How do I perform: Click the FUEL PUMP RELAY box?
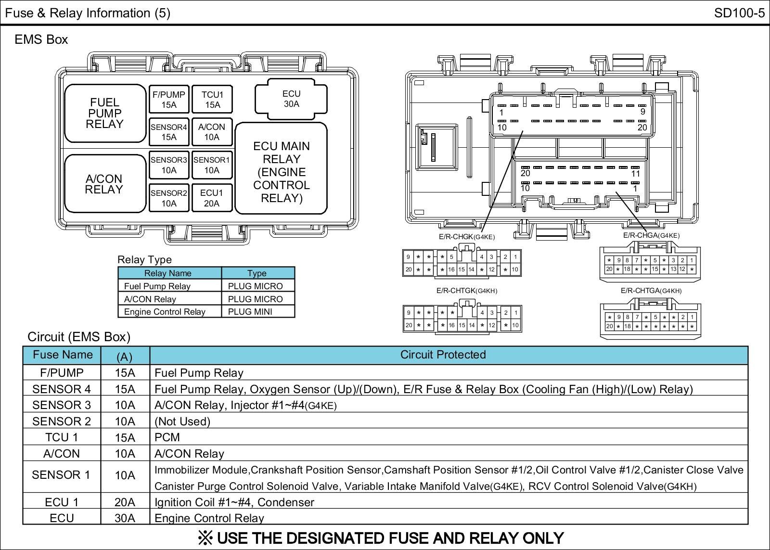(x=105, y=114)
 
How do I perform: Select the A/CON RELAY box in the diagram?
(x=104, y=184)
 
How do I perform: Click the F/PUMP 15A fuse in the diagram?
(x=168, y=100)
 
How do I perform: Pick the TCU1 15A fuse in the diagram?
(x=212, y=100)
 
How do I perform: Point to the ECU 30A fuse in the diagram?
(x=291, y=99)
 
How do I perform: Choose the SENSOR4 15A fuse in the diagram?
(x=168, y=132)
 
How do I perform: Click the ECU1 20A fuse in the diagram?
(x=212, y=198)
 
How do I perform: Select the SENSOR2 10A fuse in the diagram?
(x=168, y=198)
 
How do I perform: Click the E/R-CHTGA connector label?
(x=651, y=291)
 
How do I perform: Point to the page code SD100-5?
(x=739, y=13)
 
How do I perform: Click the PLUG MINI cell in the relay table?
(x=250, y=312)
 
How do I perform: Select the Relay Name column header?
(x=168, y=273)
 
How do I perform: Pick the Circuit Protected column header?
(x=443, y=355)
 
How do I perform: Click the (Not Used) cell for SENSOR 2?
(x=182, y=422)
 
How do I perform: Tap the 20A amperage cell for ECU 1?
(x=125, y=502)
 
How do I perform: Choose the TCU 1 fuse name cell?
(x=61, y=437)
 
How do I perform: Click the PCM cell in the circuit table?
(x=167, y=437)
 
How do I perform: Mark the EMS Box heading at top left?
(x=41, y=39)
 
